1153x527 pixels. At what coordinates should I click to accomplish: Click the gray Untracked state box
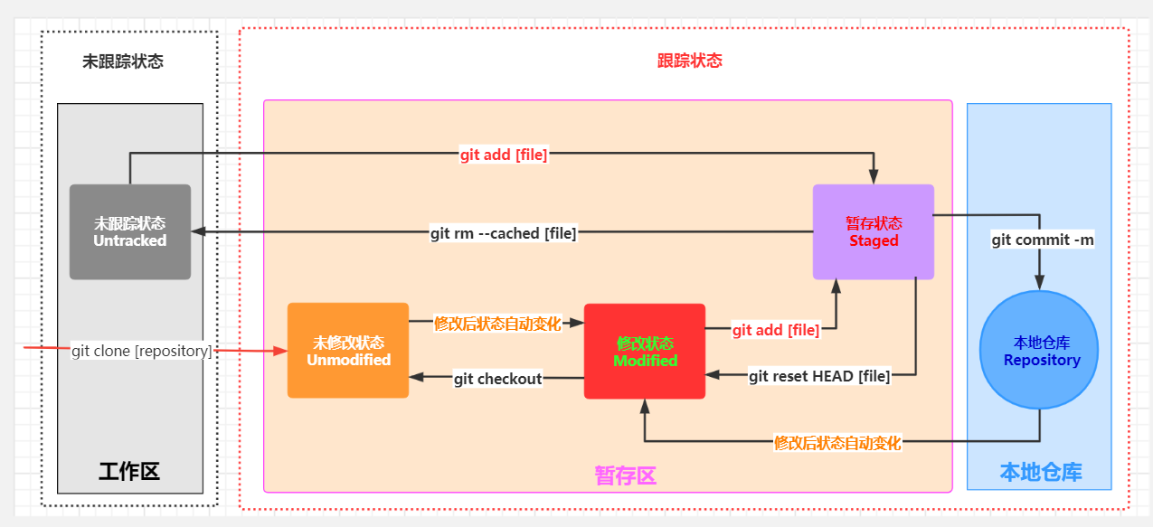[130, 231]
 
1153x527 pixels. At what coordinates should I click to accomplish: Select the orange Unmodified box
[348, 351]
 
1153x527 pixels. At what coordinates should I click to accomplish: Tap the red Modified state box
[645, 351]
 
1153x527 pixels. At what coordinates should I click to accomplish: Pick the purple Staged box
[873, 231]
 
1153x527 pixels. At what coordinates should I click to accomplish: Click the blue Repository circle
[1039, 350]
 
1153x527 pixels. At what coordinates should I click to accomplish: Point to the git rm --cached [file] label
[504, 233]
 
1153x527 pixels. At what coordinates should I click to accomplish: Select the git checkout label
[497, 379]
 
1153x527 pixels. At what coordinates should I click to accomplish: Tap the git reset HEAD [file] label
[819, 376]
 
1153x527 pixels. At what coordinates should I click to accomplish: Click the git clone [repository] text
[142, 351]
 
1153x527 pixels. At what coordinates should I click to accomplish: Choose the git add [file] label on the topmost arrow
[504, 155]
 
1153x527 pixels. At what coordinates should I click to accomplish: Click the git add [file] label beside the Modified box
[776, 330]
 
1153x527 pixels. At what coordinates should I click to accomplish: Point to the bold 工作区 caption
[129, 471]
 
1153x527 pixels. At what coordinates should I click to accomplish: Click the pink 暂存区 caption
[625, 475]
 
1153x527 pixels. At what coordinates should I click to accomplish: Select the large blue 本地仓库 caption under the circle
[1040, 472]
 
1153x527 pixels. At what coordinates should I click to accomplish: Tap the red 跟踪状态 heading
[689, 61]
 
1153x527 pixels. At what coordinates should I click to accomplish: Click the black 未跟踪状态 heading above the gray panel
[123, 62]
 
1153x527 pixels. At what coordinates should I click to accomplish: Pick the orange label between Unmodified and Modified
[498, 323]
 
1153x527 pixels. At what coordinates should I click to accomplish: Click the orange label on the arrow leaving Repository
[837, 443]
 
